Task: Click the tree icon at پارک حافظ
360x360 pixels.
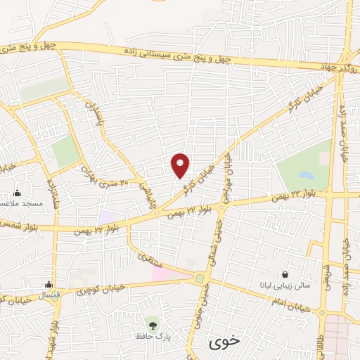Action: [x=153, y=325]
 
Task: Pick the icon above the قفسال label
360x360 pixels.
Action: [x=48, y=284]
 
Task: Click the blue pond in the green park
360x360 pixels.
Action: [x=306, y=174]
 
